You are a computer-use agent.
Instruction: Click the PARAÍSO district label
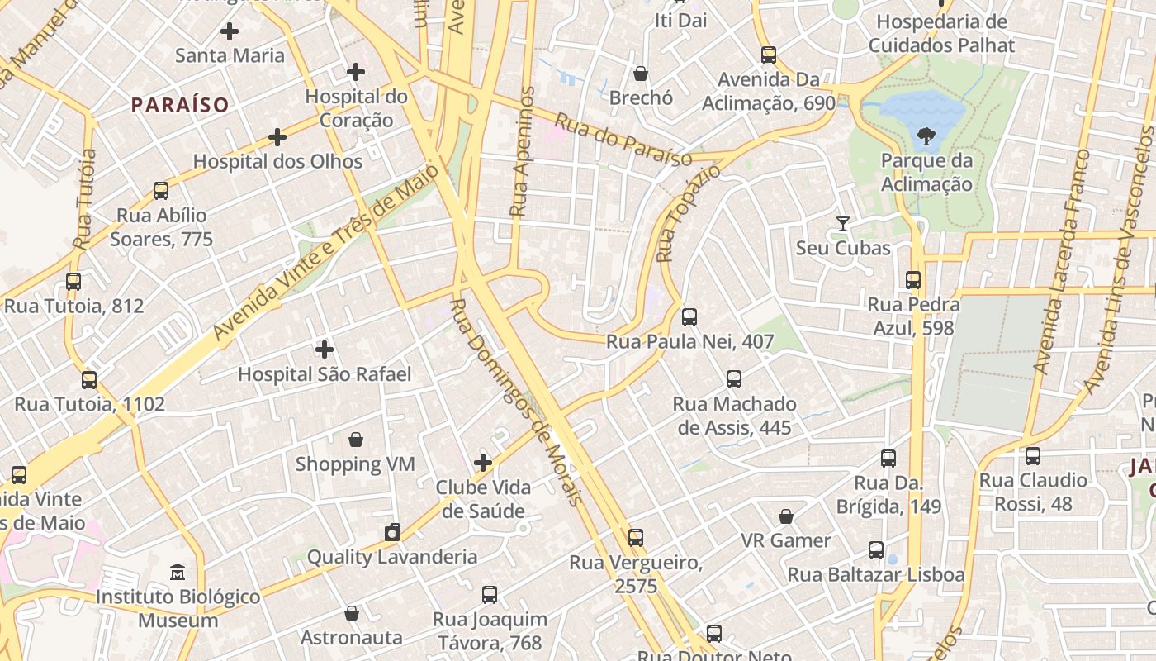(x=180, y=105)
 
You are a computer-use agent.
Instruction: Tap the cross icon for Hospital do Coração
(x=356, y=73)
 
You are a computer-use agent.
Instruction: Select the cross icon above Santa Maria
(x=230, y=32)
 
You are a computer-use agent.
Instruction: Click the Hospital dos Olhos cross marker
(x=277, y=137)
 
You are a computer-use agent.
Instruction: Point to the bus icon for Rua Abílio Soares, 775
(x=161, y=191)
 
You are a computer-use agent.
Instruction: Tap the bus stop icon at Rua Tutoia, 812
(x=73, y=282)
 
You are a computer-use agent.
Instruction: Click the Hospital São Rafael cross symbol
(x=325, y=350)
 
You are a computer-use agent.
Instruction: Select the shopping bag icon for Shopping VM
(x=356, y=440)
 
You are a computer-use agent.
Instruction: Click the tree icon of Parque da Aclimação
(x=926, y=136)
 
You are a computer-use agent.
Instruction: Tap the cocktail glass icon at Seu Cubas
(x=843, y=224)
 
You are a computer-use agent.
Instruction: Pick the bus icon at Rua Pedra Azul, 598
(x=913, y=280)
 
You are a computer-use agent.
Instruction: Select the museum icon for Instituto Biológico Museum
(x=178, y=572)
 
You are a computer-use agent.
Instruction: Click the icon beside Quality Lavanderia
(x=392, y=532)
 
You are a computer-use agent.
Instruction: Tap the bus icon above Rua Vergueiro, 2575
(x=636, y=538)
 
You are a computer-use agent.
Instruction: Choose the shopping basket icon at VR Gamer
(x=786, y=516)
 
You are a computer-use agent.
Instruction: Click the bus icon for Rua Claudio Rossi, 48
(x=1033, y=455)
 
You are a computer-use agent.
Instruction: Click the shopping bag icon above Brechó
(x=641, y=74)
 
